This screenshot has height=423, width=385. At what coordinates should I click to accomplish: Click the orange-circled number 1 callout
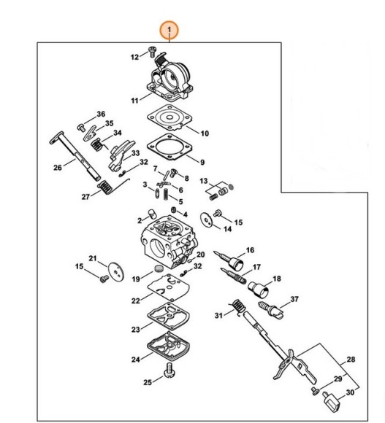point(169,30)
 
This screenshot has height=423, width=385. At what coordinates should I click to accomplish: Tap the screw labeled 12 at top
point(153,51)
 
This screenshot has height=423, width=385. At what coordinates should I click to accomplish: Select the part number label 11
point(134,101)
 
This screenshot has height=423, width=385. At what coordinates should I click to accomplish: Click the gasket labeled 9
point(169,147)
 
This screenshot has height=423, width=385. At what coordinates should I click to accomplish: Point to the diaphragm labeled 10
point(169,118)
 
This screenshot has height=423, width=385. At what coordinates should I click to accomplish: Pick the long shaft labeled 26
point(75,156)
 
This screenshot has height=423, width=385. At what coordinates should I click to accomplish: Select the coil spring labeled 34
point(96,145)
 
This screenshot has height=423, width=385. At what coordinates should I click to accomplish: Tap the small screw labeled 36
point(81,128)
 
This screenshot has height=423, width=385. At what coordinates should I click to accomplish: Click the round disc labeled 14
point(206,220)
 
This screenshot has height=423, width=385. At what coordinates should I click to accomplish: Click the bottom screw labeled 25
point(170,370)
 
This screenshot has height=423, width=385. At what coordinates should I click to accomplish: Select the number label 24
point(136,360)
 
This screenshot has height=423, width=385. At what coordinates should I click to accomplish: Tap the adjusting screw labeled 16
point(229,260)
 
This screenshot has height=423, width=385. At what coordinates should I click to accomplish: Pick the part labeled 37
point(271,310)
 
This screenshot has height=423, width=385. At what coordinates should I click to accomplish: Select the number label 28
point(351,360)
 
